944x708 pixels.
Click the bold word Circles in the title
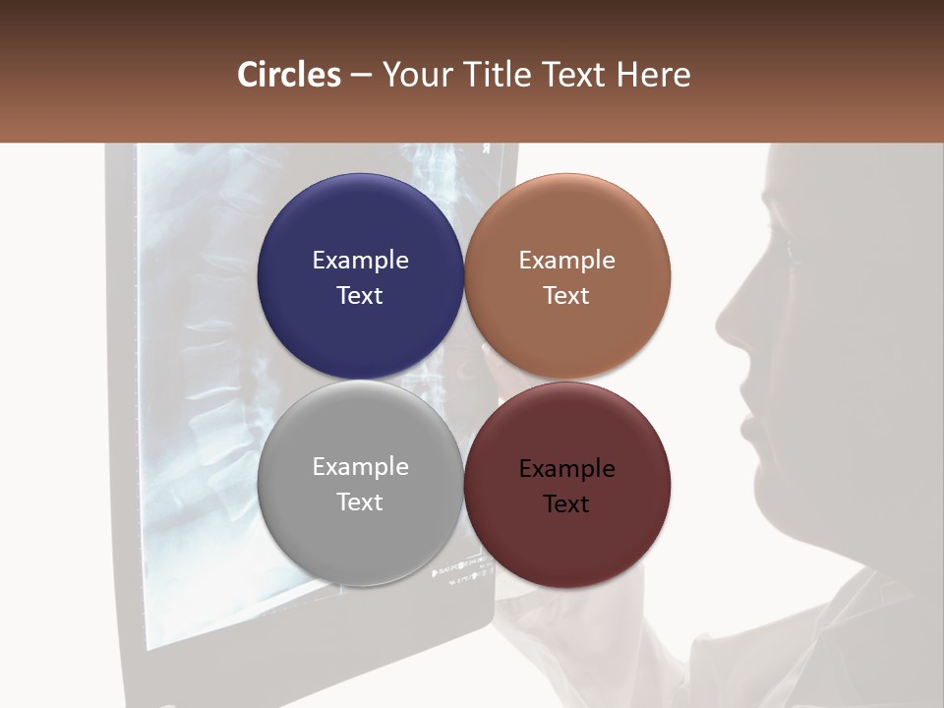point(289,75)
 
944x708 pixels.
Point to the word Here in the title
point(653,75)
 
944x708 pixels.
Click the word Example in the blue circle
point(360,261)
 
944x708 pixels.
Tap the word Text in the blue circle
point(360,295)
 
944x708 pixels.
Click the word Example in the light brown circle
point(566,261)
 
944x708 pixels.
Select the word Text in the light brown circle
point(566,295)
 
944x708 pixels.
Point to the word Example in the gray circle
point(360,467)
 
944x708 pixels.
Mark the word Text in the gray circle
point(360,501)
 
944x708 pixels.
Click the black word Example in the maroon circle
point(566,469)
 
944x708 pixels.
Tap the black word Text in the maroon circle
point(566,503)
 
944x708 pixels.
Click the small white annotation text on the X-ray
point(462,570)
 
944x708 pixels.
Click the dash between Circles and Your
point(361,76)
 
